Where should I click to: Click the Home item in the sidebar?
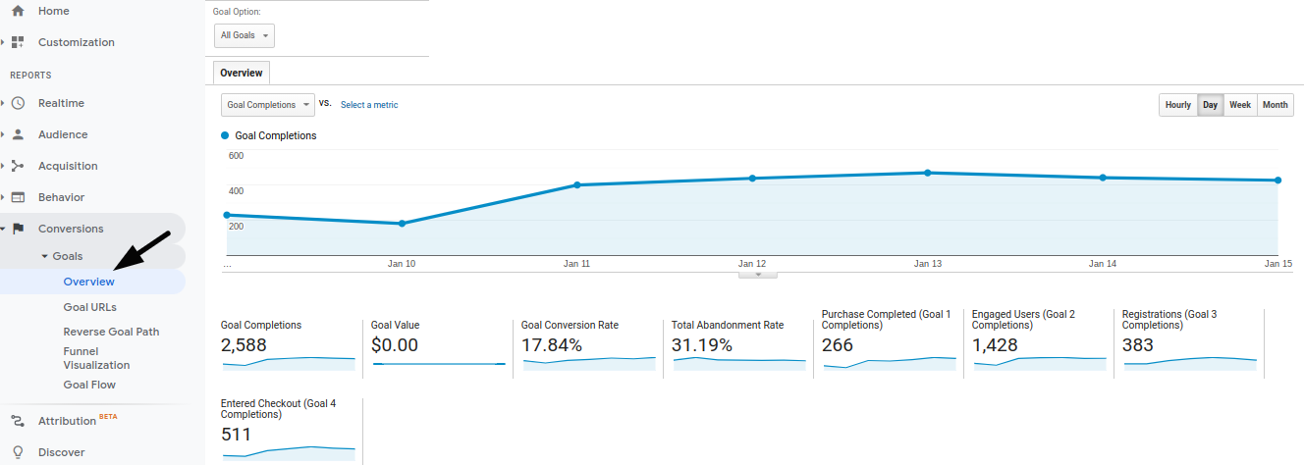click(53, 11)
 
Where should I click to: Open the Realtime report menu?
click(61, 103)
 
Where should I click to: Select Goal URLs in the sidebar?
click(89, 307)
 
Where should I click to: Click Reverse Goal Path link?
click(111, 332)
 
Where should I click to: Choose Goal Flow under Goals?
click(89, 385)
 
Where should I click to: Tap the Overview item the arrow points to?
click(88, 282)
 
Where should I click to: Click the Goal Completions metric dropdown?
click(267, 105)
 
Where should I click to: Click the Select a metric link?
click(369, 105)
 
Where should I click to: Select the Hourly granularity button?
click(1177, 105)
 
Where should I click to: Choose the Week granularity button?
click(1240, 105)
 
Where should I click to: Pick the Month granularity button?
click(1275, 105)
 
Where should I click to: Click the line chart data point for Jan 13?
click(927, 173)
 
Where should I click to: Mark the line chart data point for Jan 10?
click(402, 224)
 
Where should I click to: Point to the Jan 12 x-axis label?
click(752, 264)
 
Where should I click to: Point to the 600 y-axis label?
click(236, 155)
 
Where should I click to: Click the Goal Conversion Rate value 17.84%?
click(551, 345)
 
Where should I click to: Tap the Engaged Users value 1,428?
click(995, 345)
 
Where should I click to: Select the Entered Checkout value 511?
click(237, 435)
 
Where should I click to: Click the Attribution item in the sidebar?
click(67, 421)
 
